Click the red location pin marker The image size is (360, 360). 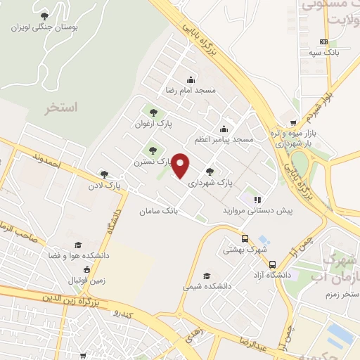(181, 165)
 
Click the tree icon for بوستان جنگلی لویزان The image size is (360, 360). (45, 15)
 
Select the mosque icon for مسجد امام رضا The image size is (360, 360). (191, 79)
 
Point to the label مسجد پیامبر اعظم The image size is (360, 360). (224, 140)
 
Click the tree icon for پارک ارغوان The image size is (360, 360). (153, 112)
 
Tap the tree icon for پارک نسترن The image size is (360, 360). (153, 150)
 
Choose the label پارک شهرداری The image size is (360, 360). (210, 183)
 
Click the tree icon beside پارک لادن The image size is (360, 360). (104, 174)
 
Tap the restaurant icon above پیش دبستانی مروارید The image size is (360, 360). (257, 199)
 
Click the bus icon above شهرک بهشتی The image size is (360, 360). (245, 238)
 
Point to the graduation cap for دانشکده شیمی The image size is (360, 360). (206, 276)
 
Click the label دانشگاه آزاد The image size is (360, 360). (274, 275)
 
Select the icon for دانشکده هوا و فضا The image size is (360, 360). (78, 245)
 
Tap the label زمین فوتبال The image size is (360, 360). (86, 281)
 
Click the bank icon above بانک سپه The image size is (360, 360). (323, 41)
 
